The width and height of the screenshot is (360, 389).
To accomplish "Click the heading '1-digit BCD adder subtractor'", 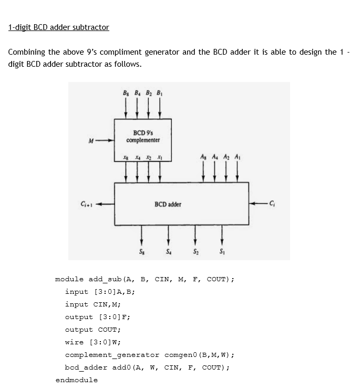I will click(59, 27).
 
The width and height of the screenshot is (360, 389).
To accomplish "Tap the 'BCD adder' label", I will click(168, 203).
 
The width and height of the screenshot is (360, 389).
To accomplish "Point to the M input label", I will click(91, 140).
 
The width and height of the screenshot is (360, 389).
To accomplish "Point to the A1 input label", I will click(238, 156).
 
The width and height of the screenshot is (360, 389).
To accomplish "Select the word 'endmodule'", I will click(76, 380).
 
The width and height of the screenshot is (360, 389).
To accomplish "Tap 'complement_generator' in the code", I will click(112, 355).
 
